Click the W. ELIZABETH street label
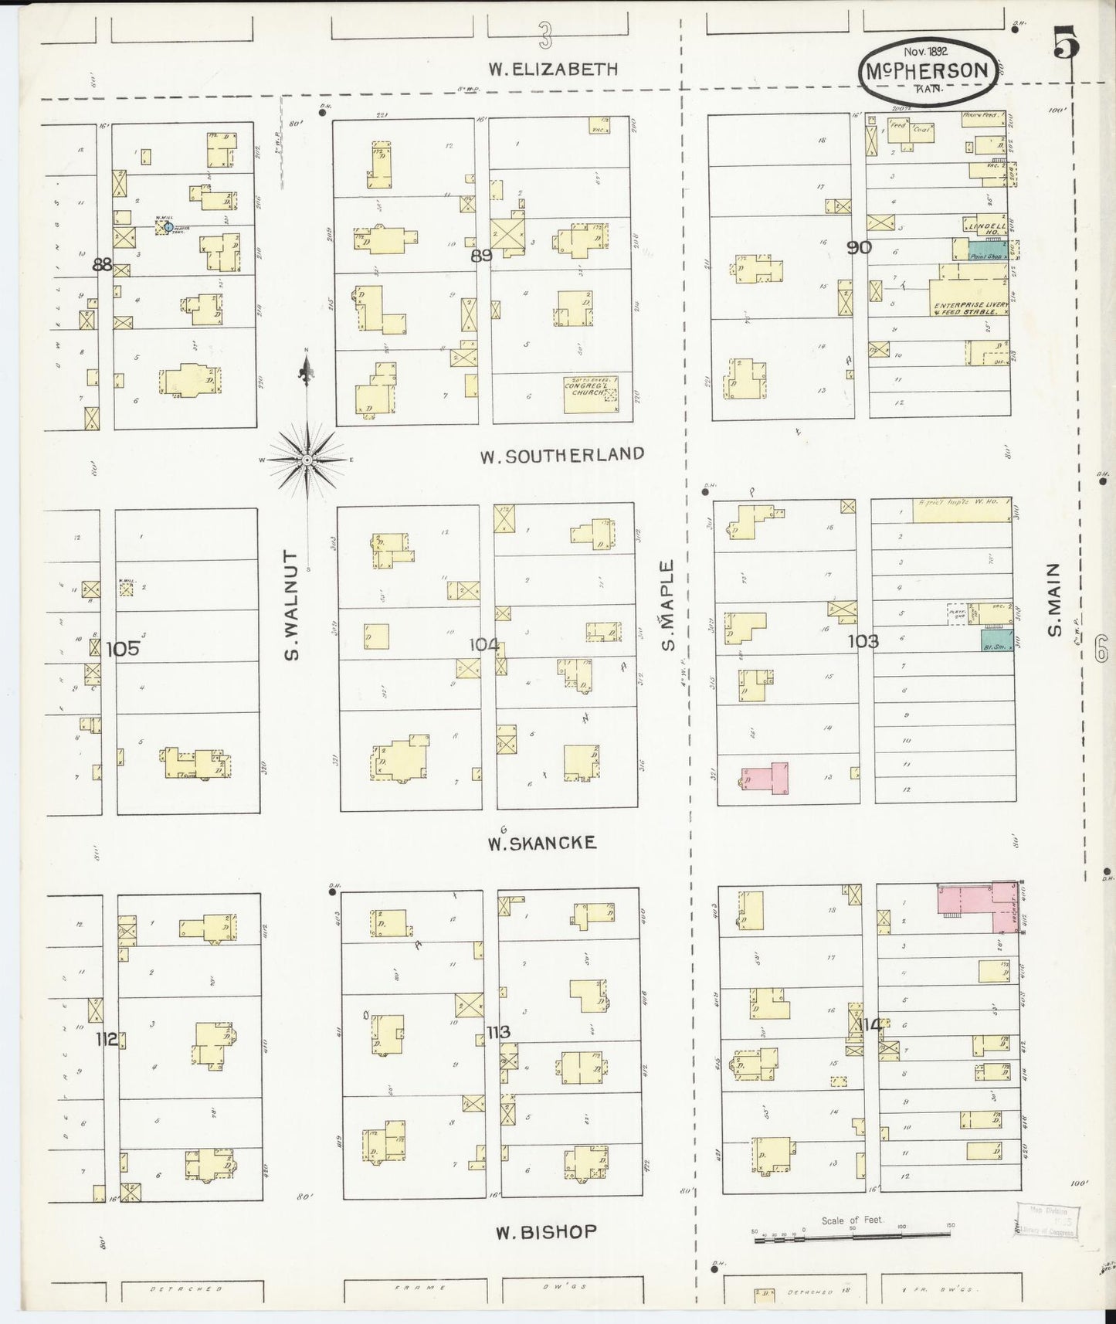(554, 69)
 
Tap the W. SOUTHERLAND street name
(561, 455)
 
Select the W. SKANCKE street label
(541, 842)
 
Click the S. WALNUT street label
(291, 605)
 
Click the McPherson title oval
(924, 72)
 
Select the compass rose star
(307, 460)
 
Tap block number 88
(102, 265)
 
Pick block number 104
(484, 644)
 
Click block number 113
(498, 1031)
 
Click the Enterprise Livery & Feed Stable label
(971, 308)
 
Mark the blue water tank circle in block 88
(168, 227)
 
